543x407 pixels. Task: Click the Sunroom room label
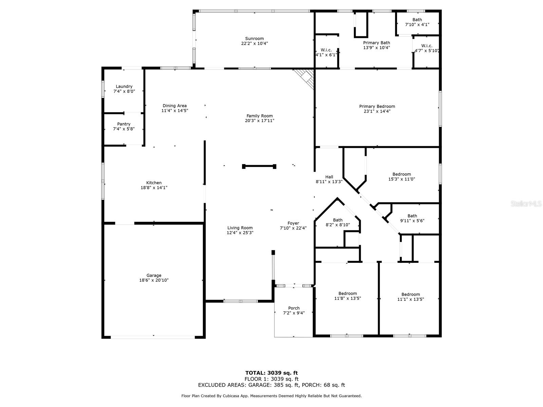click(254, 39)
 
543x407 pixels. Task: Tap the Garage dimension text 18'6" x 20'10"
click(154, 280)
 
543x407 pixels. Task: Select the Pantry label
click(124, 124)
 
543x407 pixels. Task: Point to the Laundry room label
click(124, 86)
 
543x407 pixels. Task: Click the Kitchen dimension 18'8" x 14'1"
click(154, 188)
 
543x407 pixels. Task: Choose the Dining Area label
click(175, 106)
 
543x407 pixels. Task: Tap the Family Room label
click(260, 116)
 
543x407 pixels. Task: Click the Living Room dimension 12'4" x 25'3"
click(240, 233)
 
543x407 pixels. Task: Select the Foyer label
click(293, 223)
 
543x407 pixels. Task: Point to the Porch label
click(294, 308)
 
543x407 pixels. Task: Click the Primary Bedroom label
click(377, 106)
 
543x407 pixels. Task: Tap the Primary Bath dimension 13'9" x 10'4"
click(376, 47)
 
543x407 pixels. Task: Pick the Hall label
click(329, 177)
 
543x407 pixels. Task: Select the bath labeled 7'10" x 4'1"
click(417, 20)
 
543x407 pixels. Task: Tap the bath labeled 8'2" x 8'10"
click(338, 220)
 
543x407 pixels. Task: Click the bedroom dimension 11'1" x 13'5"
click(411, 299)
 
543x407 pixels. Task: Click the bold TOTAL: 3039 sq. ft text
click(271, 373)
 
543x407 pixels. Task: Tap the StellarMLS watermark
click(526, 204)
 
